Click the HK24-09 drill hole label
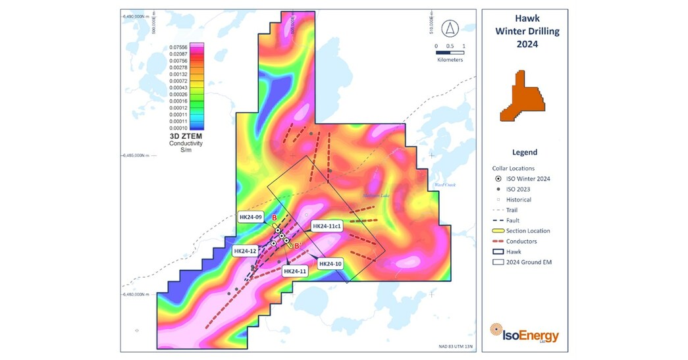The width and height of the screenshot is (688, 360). [x=251, y=217]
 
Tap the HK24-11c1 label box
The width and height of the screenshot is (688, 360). [x=327, y=226]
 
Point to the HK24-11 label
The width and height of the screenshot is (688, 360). [x=294, y=270]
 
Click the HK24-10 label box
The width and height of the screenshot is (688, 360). [x=331, y=264]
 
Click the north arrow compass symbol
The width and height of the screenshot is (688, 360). [x=450, y=28]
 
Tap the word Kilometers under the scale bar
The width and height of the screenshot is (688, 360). [x=450, y=60]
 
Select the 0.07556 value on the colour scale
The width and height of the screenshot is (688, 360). [x=179, y=47]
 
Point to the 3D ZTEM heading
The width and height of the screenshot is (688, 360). [x=186, y=136]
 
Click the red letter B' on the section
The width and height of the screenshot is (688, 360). [x=298, y=245]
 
